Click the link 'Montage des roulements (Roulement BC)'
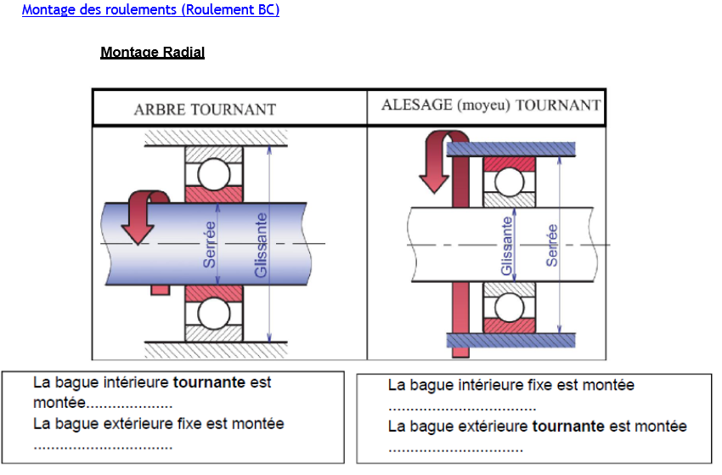(x=150, y=10)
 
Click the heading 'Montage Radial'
(x=152, y=53)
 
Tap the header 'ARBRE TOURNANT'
(x=205, y=110)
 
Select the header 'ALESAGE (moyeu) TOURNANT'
(x=491, y=106)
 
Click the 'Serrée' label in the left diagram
(x=210, y=245)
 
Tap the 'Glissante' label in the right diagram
(x=507, y=246)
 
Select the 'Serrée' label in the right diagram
(x=552, y=246)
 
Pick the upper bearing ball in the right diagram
(x=510, y=182)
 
